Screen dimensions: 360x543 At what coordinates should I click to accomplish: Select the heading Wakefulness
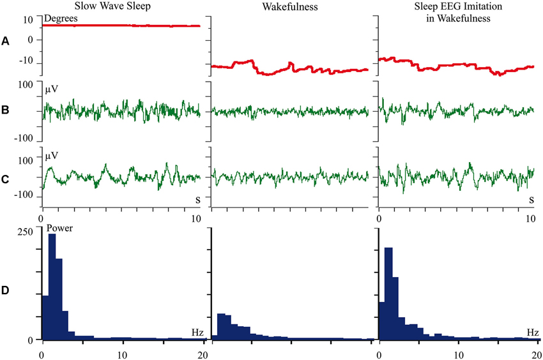[x=290, y=6]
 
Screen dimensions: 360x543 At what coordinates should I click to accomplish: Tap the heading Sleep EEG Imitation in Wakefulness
[x=456, y=12]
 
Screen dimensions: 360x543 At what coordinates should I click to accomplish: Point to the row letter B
[x=6, y=111]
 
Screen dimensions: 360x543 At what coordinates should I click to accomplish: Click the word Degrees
[x=62, y=19]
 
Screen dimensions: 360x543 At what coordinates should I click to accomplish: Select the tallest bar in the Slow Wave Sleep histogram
[x=52, y=287]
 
